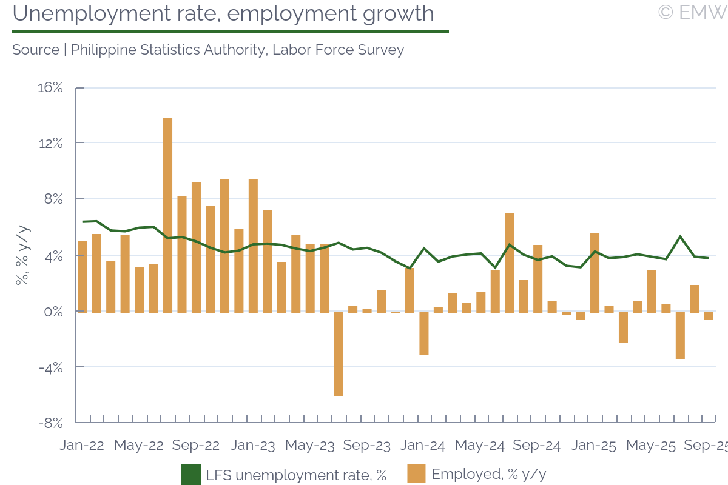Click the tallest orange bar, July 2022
pos(167,215)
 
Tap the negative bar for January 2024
pos(424,333)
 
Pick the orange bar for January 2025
pos(595,272)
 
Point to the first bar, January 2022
pos(83,276)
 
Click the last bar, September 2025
pos(709,316)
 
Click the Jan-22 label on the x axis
pos(82,446)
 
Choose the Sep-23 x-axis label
pos(366,446)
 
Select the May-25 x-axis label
pos(651,446)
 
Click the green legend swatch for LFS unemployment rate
pos(191,475)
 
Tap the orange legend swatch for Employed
pos(417,474)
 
